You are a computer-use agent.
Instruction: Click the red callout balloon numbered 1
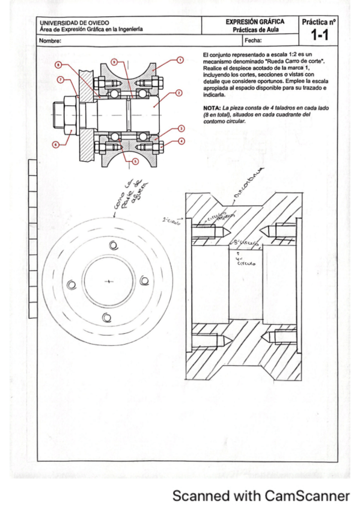pyautogui.click(x=180, y=60)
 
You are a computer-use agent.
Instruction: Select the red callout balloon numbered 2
pyautogui.click(x=180, y=93)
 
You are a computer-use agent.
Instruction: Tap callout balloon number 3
pyautogui.click(x=180, y=128)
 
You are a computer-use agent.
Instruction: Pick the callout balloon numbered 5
pyautogui.click(x=136, y=161)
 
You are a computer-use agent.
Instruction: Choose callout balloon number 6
pyautogui.click(x=55, y=144)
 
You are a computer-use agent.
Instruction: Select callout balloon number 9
pyautogui.click(x=114, y=61)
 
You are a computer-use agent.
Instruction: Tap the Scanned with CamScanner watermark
pyautogui.click(x=260, y=496)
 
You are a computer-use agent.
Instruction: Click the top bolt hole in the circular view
pyautogui.click(x=112, y=245)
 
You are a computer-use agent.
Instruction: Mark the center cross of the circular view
pyautogui.click(x=108, y=281)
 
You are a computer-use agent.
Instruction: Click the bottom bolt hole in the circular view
pyautogui.click(x=106, y=317)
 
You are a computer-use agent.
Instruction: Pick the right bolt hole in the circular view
pyautogui.click(x=144, y=280)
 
